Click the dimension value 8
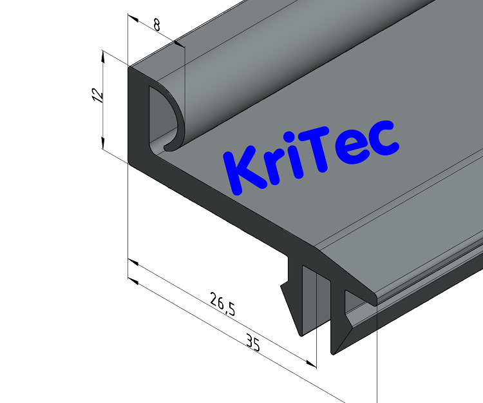pos(157,26)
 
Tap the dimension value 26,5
pos(223,303)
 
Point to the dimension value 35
pos(252,344)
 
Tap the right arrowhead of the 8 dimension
pos(175,43)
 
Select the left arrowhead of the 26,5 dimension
pos(133,262)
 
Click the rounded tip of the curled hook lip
pos(169,147)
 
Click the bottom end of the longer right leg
pos(334,351)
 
